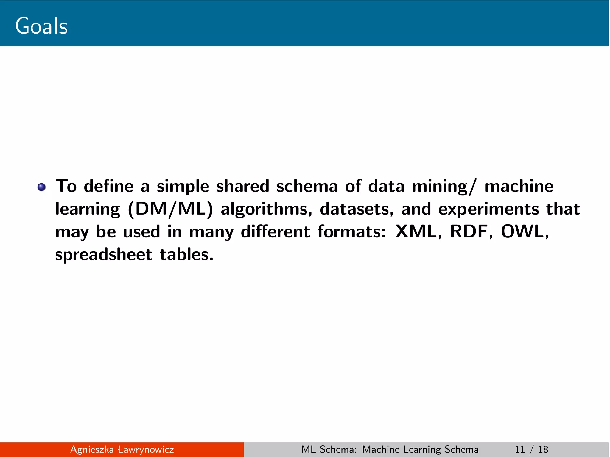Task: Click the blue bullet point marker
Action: tap(41, 187)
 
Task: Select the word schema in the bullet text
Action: tap(307, 186)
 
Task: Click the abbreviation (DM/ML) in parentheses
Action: tap(170, 209)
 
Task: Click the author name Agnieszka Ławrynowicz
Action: tap(122, 449)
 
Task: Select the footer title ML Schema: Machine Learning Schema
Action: tap(390, 449)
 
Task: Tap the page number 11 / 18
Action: tap(531, 449)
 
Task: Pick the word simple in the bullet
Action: tap(183, 187)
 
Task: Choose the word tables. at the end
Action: tap(186, 255)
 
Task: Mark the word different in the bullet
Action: tap(275, 231)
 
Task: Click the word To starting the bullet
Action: tap(66, 186)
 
